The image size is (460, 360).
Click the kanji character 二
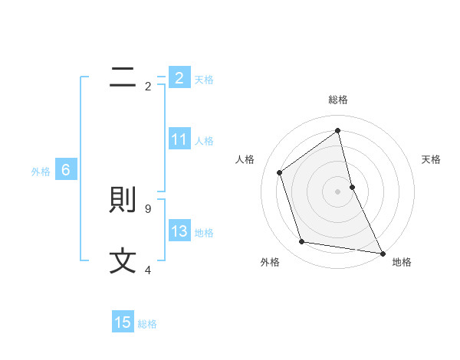pyautogui.click(x=123, y=77)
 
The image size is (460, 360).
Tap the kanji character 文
pyautogui.click(x=123, y=262)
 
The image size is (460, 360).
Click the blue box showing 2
pyautogui.click(x=179, y=77)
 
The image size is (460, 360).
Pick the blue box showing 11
pyautogui.click(x=179, y=139)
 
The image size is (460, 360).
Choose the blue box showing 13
pyautogui.click(x=179, y=231)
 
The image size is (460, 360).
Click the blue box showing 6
pyautogui.click(x=66, y=170)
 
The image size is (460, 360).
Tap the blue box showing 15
pyautogui.click(x=123, y=322)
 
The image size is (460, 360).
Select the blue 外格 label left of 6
pyautogui.click(x=41, y=172)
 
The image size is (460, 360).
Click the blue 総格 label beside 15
pyautogui.click(x=147, y=324)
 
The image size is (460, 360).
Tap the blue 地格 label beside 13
pyautogui.click(x=204, y=233)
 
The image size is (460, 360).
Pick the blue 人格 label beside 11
pyautogui.click(x=204, y=141)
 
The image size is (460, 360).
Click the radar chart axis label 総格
pyautogui.click(x=338, y=100)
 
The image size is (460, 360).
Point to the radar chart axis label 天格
pyautogui.click(x=431, y=159)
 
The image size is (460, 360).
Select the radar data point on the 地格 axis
pyautogui.click(x=383, y=253)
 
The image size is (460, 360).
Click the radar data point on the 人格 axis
pyautogui.click(x=280, y=172)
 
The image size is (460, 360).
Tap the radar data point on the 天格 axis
pyautogui.click(x=353, y=186)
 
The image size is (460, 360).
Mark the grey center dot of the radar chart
pyautogui.click(x=338, y=191)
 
